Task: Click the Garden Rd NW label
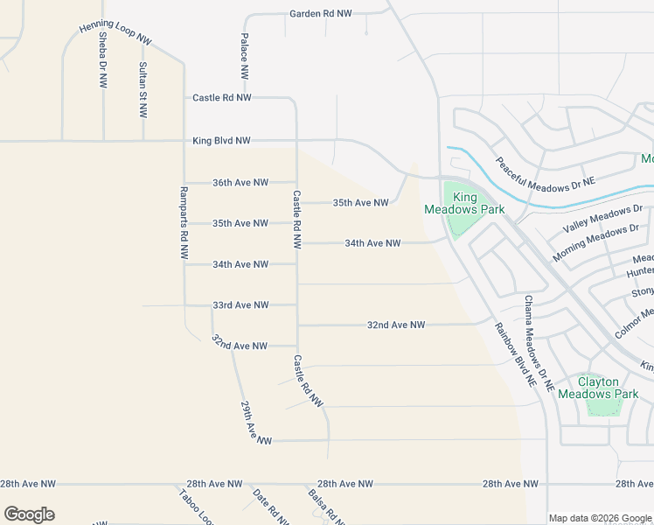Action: coord(321,14)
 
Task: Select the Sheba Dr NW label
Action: coord(103,60)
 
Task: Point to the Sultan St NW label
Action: coord(143,90)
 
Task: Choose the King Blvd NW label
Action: coord(222,141)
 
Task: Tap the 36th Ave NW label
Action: coord(240,183)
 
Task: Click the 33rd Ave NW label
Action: coord(240,305)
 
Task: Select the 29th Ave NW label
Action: coord(256,422)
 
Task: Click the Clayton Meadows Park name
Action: coord(599,388)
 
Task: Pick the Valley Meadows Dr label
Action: coord(603,217)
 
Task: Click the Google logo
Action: coord(29,514)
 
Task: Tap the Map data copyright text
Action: coord(600,518)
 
